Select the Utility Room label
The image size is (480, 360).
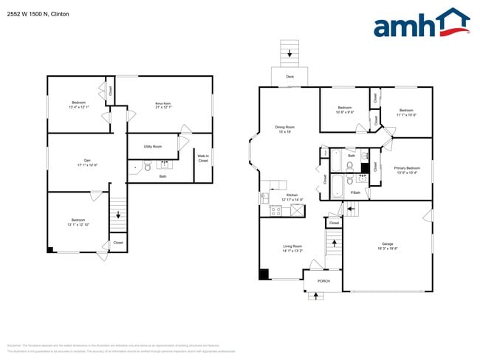point(153,147)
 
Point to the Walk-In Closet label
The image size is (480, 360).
point(202,158)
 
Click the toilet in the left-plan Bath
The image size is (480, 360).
point(147,167)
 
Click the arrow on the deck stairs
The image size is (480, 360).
point(289,53)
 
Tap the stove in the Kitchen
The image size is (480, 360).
point(276,211)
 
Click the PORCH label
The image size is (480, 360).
point(323,281)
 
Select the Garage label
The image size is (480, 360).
point(387,245)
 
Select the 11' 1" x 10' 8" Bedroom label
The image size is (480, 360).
point(406,112)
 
